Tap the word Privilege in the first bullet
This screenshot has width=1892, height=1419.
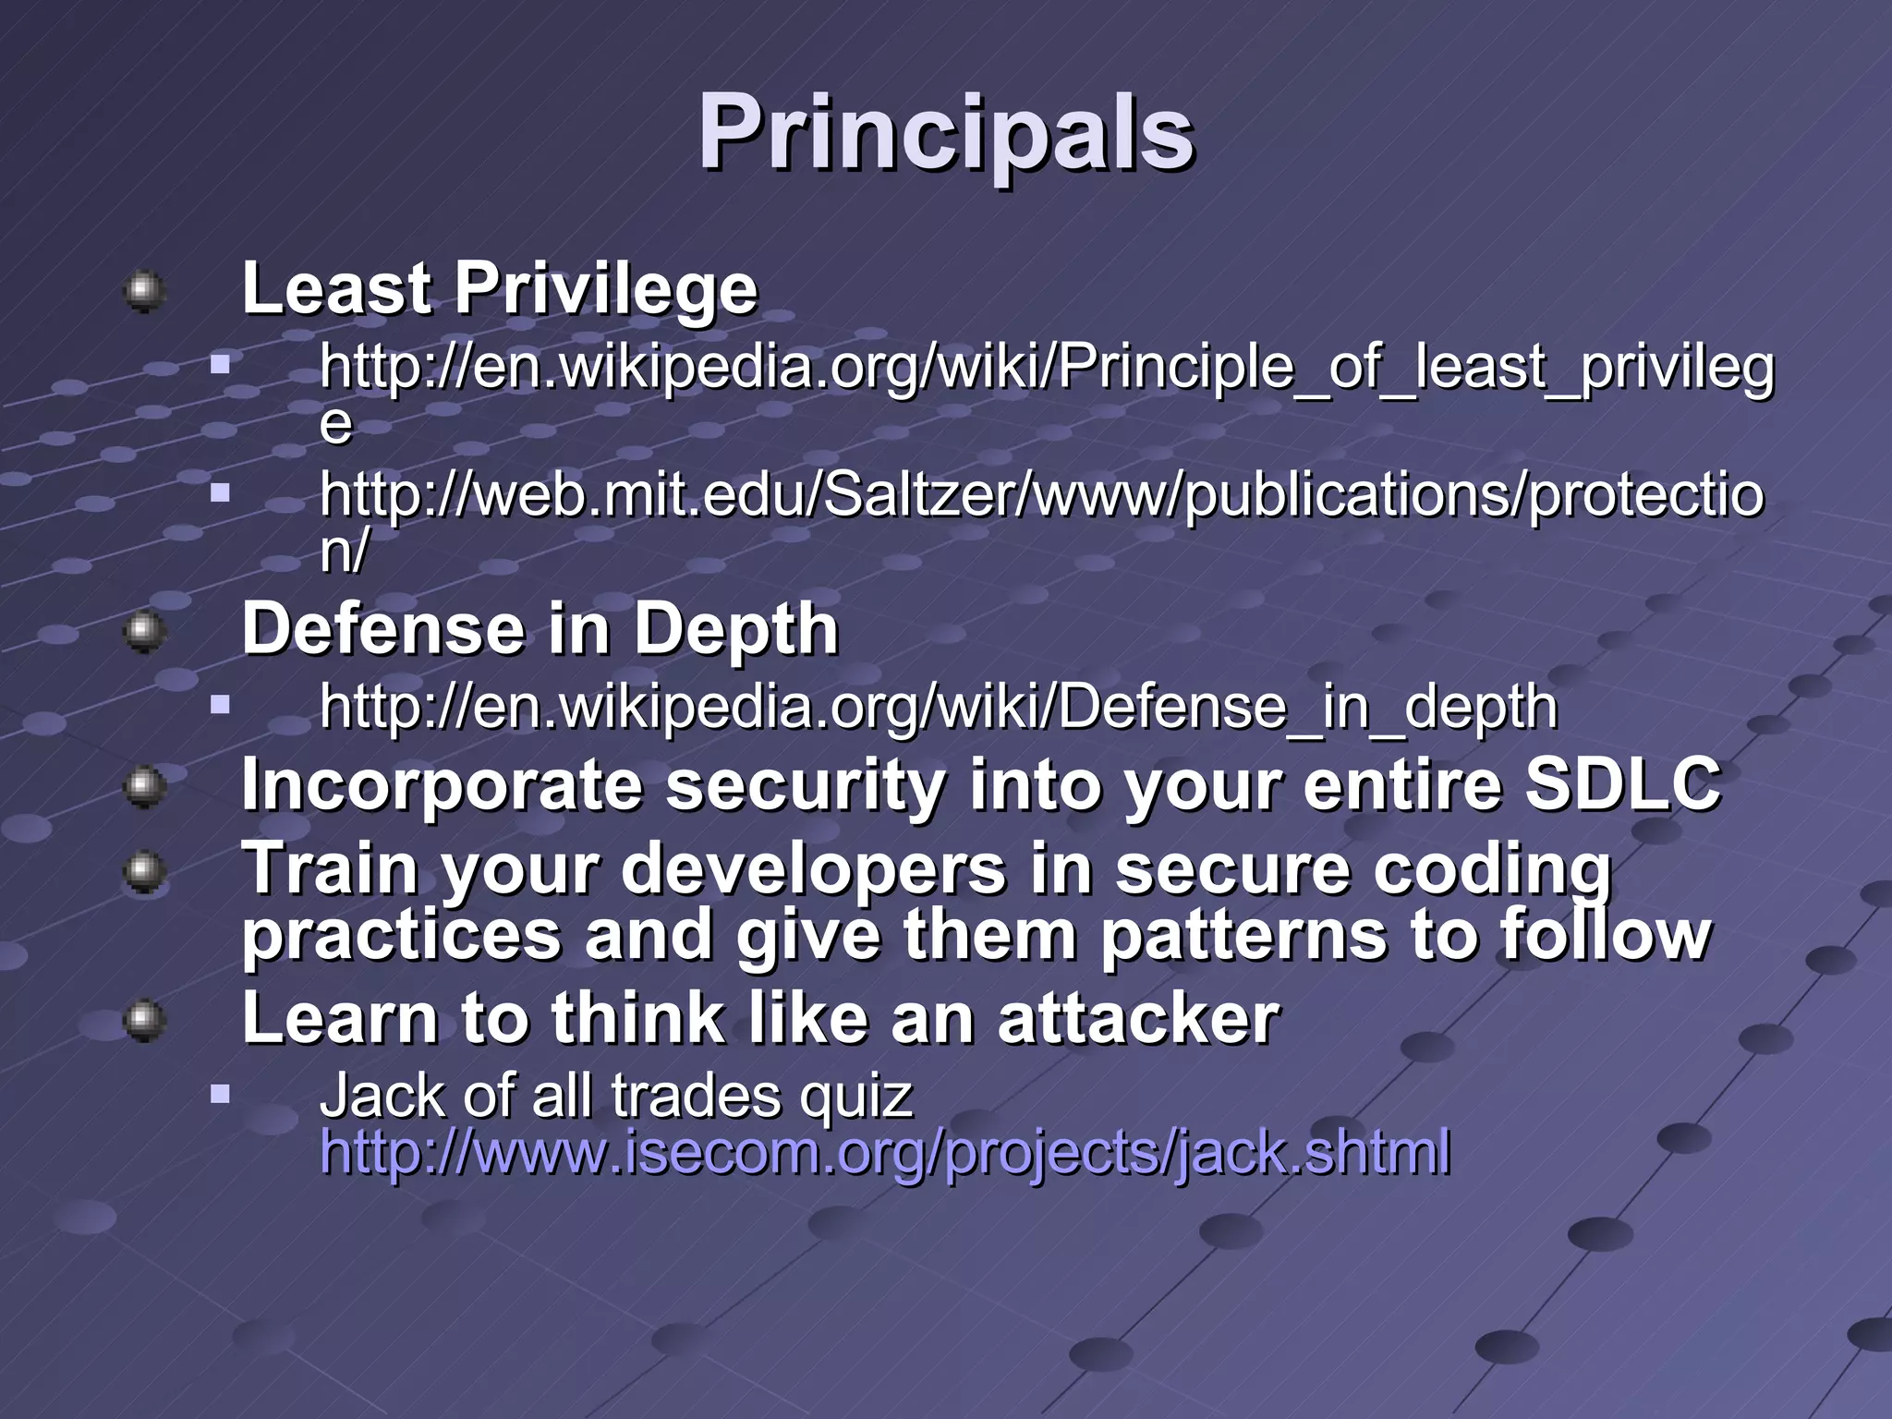tap(605, 288)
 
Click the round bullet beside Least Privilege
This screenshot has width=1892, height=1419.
tap(144, 291)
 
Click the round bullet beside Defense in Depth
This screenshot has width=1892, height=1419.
tap(144, 633)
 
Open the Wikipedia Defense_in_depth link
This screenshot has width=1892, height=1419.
tap(938, 708)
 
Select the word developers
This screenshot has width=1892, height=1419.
tap(813, 869)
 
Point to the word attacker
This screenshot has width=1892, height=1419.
tap(1138, 1019)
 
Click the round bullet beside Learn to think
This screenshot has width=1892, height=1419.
tap(144, 1022)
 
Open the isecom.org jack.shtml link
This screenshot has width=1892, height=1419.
tap(884, 1153)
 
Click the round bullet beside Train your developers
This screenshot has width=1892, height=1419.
tap(144, 872)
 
